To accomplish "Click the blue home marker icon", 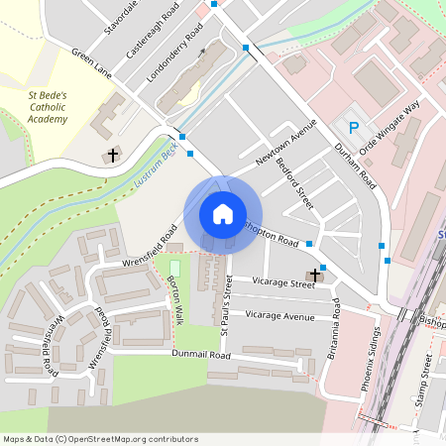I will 223,213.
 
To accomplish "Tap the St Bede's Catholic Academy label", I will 47,107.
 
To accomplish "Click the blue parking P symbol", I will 354,126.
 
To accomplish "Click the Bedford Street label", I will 294,183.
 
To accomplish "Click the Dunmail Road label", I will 200,354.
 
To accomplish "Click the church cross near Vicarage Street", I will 315,275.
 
